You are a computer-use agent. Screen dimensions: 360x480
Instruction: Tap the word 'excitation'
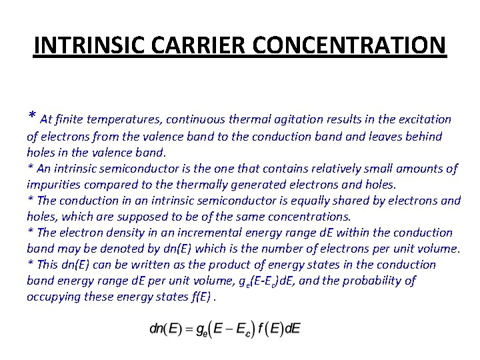click(425, 120)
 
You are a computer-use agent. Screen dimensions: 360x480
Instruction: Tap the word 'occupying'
click(53, 297)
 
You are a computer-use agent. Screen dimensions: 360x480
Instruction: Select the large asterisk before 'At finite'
click(31, 118)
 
